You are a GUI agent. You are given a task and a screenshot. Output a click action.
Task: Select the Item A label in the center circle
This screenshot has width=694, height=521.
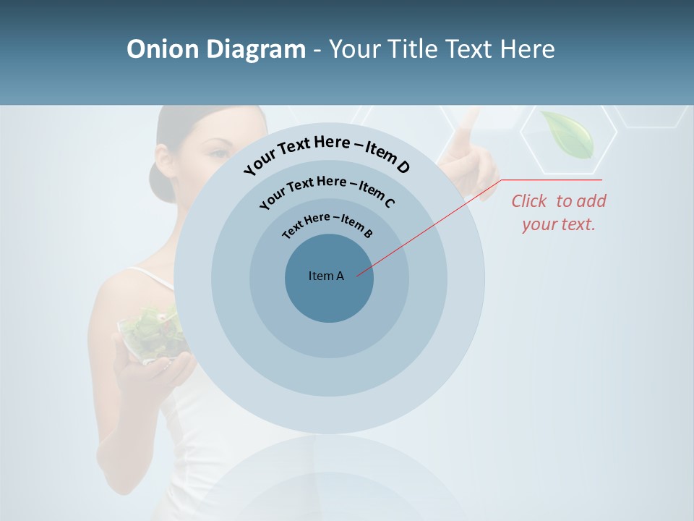click(x=326, y=276)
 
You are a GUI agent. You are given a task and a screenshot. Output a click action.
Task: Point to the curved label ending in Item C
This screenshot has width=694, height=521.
click(x=327, y=190)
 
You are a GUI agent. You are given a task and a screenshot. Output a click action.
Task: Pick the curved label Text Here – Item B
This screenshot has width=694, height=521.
click(x=327, y=224)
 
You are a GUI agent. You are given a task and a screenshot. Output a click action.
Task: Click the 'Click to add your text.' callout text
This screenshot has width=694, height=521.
click(x=559, y=213)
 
